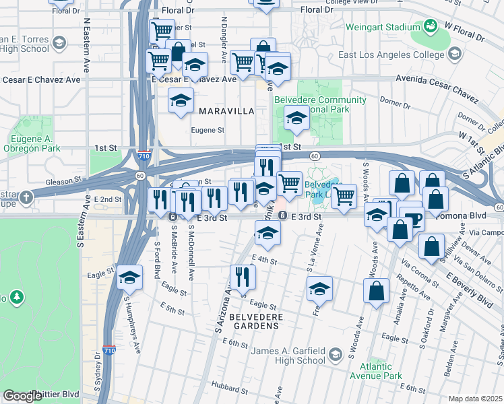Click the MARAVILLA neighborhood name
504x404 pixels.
pyautogui.click(x=226, y=110)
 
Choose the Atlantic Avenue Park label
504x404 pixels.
pyautogui.click(x=376, y=371)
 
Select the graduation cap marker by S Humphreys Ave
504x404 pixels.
pyautogui.click(x=128, y=278)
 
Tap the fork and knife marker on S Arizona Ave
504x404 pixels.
pyautogui.click(x=243, y=276)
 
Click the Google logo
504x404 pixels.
pyautogui.click(x=22, y=396)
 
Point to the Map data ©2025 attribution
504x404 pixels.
pyautogui.click(x=475, y=399)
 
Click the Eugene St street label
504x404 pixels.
pyautogui.click(x=208, y=130)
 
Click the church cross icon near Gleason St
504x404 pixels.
pyautogui.click(x=26, y=197)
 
